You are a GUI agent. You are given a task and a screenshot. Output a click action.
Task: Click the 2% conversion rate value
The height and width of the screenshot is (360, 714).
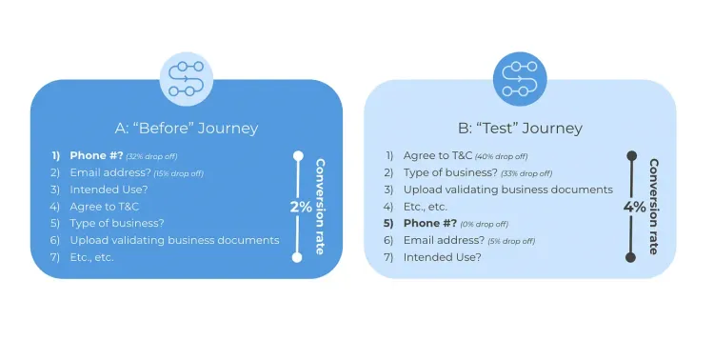[301, 207]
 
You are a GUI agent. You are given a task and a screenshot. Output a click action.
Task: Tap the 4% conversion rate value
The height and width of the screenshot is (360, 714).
[634, 207]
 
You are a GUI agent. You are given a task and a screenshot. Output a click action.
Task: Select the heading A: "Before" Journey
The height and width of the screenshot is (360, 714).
[186, 129]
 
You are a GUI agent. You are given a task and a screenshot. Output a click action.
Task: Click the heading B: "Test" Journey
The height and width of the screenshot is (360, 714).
[520, 129]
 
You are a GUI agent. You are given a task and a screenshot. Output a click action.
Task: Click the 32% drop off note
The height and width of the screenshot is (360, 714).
[152, 156]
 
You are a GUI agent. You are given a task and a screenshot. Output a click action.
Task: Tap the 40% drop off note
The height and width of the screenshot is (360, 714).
[501, 156]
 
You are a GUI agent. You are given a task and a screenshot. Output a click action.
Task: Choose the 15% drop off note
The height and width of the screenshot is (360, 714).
[177, 173]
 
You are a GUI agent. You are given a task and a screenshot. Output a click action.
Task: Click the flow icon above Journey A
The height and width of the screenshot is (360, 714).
[186, 79]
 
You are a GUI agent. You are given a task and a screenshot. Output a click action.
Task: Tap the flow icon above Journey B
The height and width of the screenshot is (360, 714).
[520, 79]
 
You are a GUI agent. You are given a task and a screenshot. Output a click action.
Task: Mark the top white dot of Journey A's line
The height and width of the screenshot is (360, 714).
[298, 155]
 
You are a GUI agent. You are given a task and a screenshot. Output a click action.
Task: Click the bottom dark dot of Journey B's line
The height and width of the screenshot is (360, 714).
[631, 257]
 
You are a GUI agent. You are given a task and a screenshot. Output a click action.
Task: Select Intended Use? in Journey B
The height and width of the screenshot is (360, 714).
[442, 257]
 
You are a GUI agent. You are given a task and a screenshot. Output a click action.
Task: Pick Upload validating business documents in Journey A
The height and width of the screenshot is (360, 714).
[174, 240]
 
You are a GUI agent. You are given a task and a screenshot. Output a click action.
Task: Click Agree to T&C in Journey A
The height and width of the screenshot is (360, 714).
[105, 207]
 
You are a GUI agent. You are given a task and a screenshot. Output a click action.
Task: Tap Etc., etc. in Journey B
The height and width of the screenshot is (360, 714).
[426, 207]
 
